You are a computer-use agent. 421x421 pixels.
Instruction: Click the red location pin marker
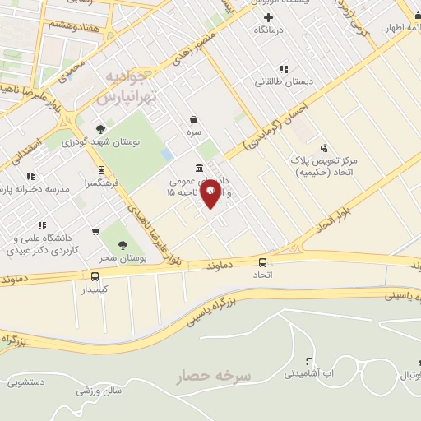pos(211,192)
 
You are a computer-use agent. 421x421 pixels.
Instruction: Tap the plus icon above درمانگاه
pos(267,17)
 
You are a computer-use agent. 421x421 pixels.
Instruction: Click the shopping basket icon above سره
pos(193,119)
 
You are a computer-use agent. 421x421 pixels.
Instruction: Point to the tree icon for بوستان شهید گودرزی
pos(100,129)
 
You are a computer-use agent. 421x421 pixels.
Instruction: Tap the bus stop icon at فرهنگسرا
pos(101,170)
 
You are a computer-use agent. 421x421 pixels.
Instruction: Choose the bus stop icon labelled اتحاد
pos(263,262)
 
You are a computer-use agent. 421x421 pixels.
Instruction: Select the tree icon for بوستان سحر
pos(122,244)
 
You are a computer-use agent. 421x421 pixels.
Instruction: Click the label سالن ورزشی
pos(99,391)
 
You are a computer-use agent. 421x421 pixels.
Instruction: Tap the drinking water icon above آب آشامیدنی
pos(309,361)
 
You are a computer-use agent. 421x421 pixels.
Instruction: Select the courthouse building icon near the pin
pos(201,167)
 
